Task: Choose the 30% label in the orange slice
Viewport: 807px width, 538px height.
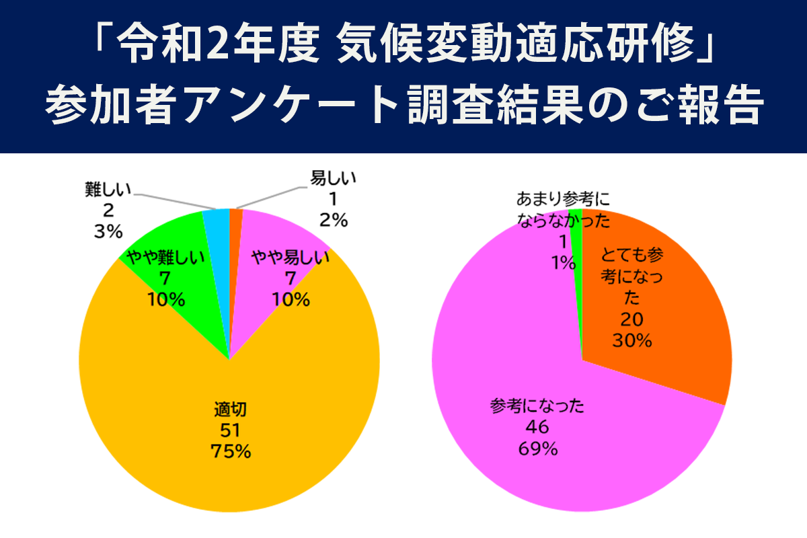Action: coord(632,341)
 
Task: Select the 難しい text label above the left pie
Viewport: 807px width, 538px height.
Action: coord(108,190)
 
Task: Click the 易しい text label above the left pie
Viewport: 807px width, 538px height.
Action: coord(333,179)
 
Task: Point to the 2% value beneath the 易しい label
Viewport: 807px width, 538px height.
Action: coord(333,219)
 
